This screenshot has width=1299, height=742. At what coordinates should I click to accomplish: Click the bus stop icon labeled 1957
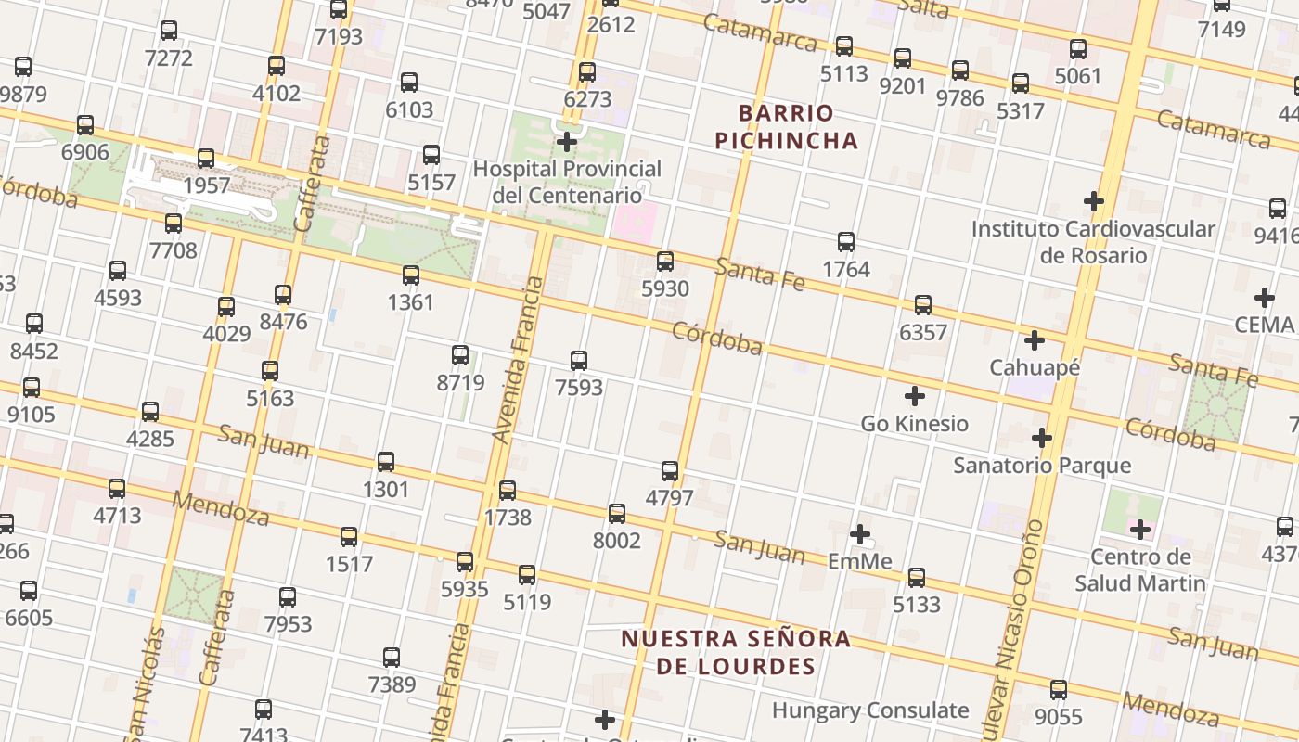click(206, 159)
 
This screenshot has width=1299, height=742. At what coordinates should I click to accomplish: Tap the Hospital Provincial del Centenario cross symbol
click(567, 142)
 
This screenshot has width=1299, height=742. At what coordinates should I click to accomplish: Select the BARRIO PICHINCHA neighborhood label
click(798, 127)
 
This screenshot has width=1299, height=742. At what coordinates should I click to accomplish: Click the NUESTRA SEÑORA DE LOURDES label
click(736, 652)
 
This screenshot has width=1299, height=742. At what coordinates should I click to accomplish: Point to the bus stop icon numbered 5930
click(665, 262)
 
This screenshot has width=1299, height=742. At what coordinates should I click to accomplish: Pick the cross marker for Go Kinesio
click(915, 396)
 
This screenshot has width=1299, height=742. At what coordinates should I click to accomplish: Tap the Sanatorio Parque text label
click(1042, 465)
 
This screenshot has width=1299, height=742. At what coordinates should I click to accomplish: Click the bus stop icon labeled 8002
click(617, 514)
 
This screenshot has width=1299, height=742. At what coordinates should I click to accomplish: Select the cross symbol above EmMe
click(860, 534)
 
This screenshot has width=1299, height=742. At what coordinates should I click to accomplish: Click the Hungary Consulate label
click(870, 710)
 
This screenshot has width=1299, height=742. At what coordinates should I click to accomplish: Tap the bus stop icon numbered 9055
click(1059, 690)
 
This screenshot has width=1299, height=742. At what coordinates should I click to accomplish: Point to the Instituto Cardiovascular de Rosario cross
click(1094, 200)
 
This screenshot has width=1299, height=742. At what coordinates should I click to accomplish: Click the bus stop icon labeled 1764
click(846, 242)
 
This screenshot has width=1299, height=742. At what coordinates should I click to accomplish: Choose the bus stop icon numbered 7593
click(579, 361)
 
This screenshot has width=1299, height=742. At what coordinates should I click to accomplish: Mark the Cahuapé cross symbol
click(1035, 340)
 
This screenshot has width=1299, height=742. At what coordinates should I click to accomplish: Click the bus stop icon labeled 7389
click(392, 658)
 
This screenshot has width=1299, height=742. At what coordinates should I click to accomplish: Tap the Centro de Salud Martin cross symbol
click(1140, 530)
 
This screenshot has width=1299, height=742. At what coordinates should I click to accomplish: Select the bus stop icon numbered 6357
click(923, 305)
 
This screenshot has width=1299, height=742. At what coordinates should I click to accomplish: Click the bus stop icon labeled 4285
click(150, 412)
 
